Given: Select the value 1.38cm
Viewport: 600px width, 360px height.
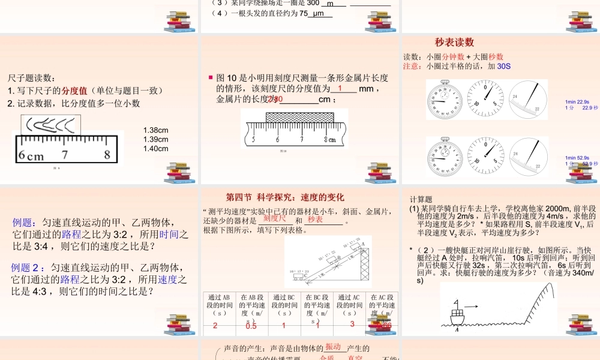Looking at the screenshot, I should [x=156, y=130].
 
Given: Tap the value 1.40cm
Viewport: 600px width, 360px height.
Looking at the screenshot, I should [x=156, y=149].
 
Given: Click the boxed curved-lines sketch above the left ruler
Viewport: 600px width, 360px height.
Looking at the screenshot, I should [x=51, y=125].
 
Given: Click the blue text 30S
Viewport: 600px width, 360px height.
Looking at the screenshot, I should [x=504, y=67].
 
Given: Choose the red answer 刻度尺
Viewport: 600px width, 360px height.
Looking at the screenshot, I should [x=275, y=219].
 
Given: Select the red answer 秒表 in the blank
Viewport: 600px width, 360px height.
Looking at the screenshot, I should [x=316, y=220].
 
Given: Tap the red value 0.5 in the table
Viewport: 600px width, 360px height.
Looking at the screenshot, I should [x=251, y=326].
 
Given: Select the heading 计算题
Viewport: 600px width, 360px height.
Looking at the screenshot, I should [x=421, y=200].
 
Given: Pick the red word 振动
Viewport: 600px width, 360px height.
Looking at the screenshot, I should [x=334, y=347].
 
